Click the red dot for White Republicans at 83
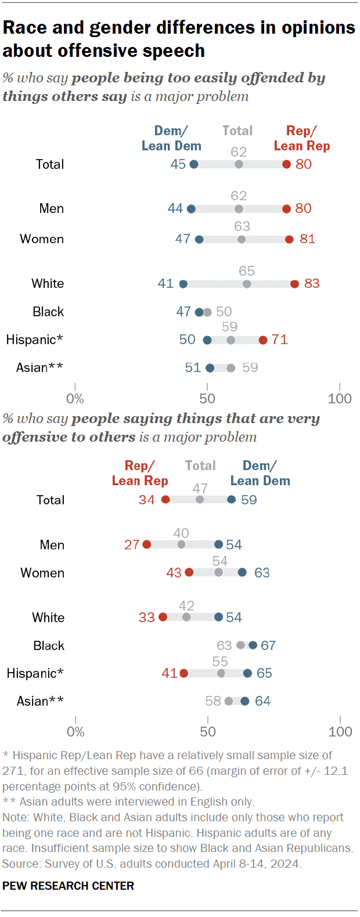tap(294, 284)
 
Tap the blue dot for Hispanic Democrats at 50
tap(207, 340)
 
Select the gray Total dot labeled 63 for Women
tap(242, 239)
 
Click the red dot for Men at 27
tap(147, 544)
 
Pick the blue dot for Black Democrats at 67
tap(253, 645)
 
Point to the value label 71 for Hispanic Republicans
tap(280, 340)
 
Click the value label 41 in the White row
tap(165, 283)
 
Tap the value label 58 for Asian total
tap(213, 701)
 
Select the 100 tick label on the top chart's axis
tap(339, 399)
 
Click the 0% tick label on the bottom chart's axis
tap(75, 731)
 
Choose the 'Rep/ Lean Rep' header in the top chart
tap(302, 139)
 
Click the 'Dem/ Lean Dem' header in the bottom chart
tap(260, 474)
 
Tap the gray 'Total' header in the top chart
tap(237, 131)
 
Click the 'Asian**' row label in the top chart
tap(40, 367)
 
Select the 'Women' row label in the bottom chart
tap(42, 573)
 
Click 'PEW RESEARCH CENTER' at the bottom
tap(68, 886)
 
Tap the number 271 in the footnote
tap(13, 771)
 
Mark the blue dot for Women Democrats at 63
tap(242, 573)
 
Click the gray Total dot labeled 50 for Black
tap(207, 312)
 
